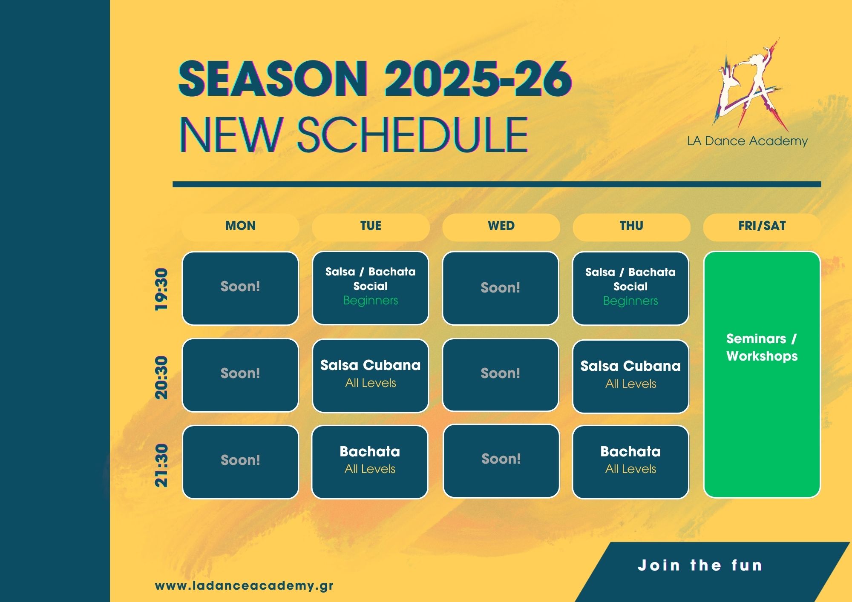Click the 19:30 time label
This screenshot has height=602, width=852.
point(161,289)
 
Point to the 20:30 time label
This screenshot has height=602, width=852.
point(161,377)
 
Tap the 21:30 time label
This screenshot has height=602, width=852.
point(161,465)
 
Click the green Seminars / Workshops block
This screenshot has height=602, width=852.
point(762,375)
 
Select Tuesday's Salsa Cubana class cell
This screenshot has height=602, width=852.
point(371,376)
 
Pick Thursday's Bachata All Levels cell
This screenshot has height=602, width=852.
point(630,462)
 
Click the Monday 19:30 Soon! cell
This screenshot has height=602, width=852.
point(240,288)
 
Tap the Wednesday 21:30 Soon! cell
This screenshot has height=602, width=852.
point(501,461)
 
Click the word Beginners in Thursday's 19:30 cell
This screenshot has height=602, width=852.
point(630,301)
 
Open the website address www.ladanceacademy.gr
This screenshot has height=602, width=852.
point(244,586)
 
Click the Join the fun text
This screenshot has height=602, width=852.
point(700,565)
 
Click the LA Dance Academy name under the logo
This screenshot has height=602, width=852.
point(747,141)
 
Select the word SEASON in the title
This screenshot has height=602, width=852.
point(273,79)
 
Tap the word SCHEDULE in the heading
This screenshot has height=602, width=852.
point(413,135)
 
